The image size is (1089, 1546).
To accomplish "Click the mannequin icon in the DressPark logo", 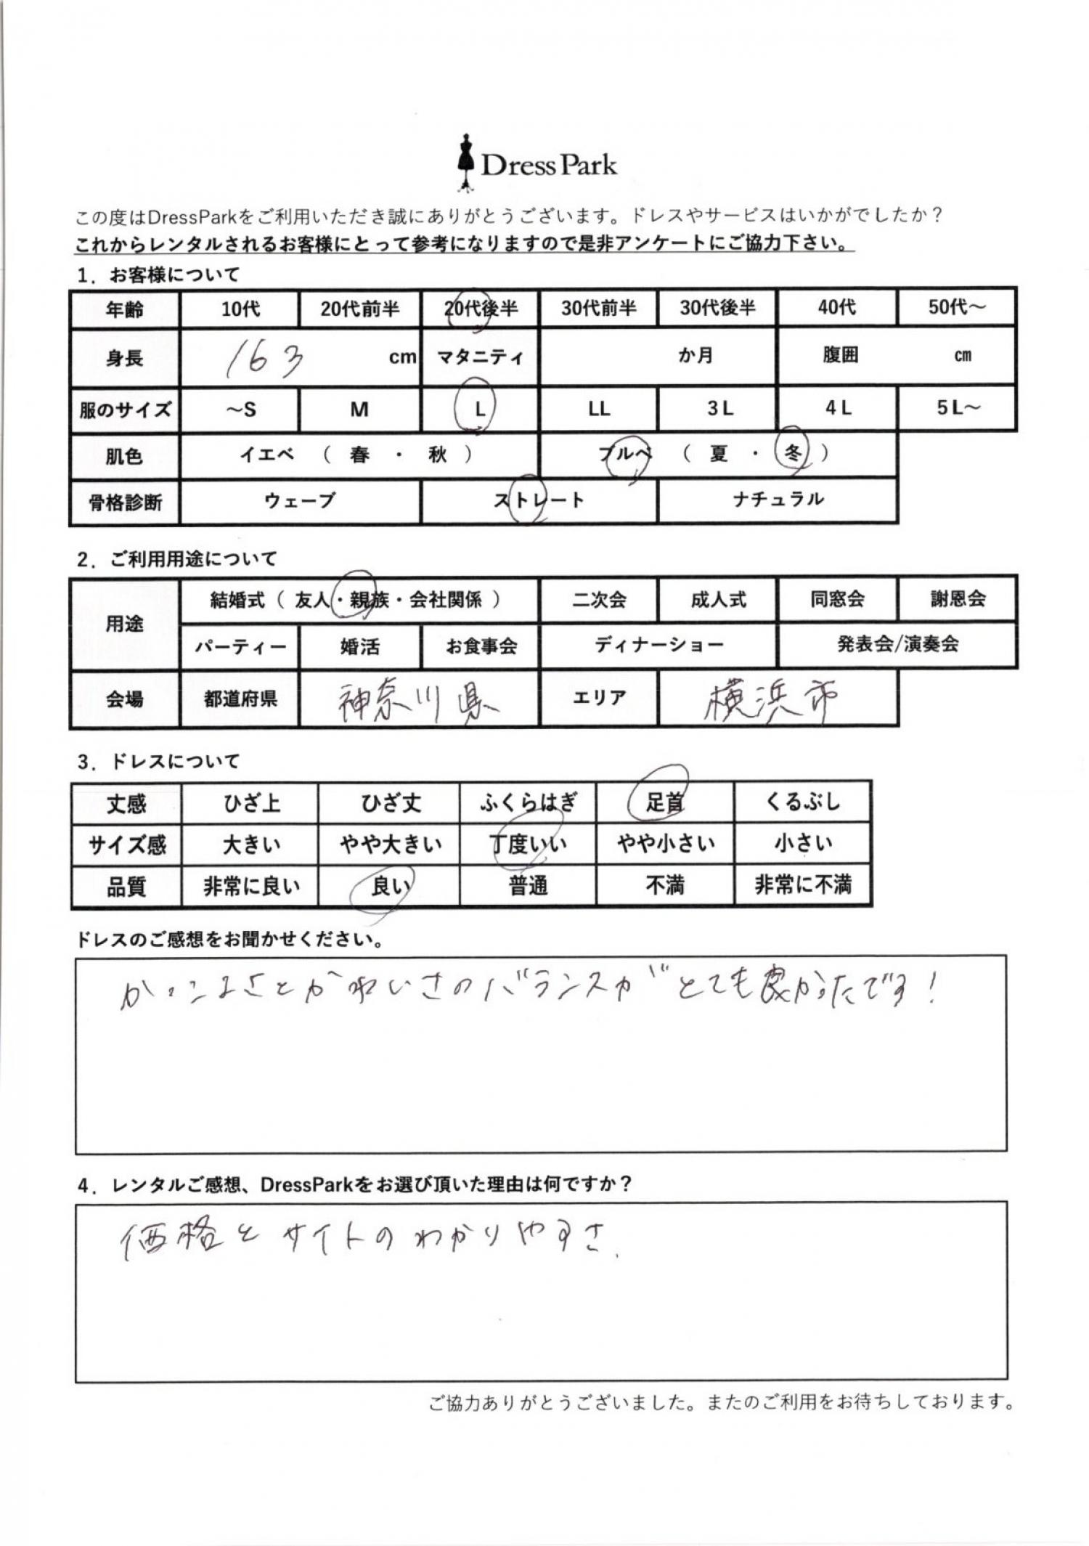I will (x=465, y=163).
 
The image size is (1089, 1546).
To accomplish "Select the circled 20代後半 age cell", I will (x=480, y=309).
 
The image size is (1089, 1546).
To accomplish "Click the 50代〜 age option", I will (x=957, y=307).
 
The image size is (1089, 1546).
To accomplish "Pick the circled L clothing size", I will (x=479, y=409).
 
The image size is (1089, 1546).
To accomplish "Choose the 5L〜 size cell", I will (x=957, y=407).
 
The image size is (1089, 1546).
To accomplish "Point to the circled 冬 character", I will (x=792, y=454).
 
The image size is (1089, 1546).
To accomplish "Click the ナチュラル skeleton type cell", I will (x=778, y=500).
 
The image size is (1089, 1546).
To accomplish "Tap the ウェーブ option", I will (x=300, y=501).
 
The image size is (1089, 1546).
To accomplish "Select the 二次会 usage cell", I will (x=599, y=600).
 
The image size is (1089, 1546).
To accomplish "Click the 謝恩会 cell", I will (x=958, y=599).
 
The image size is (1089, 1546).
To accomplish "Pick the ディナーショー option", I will (x=658, y=645).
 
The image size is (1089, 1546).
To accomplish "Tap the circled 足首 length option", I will (x=664, y=802).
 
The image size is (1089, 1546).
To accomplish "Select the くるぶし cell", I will (x=803, y=802).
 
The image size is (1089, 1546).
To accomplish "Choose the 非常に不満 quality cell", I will (x=803, y=885).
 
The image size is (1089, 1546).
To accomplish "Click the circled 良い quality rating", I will (x=389, y=887).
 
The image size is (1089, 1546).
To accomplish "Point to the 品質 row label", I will (x=126, y=887).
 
